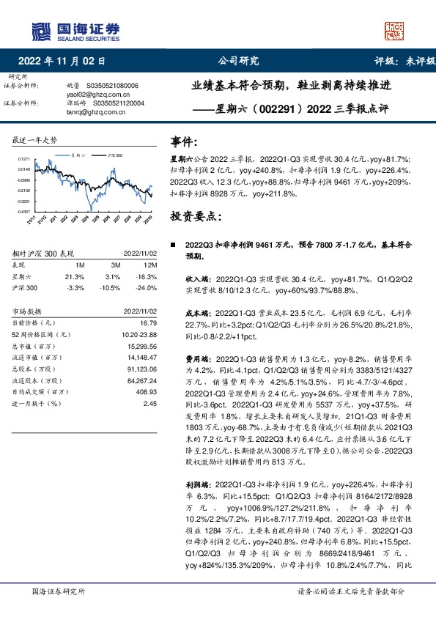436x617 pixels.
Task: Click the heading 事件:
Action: pos(184,141)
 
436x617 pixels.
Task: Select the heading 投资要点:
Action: pos(194,217)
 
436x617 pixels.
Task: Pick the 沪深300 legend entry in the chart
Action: pos(114,156)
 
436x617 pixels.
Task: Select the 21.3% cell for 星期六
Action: pos(75,276)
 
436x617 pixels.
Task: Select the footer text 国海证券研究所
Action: pos(59,591)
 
